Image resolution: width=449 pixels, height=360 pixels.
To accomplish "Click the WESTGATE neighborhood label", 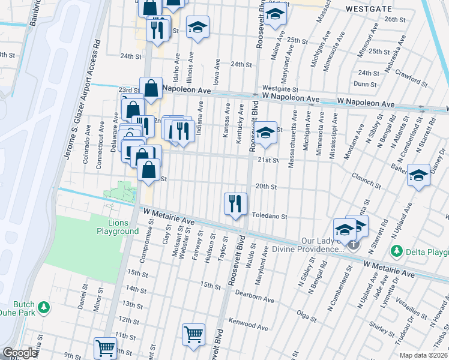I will (368, 9).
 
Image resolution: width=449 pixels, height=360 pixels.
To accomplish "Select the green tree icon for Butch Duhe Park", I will (43, 308).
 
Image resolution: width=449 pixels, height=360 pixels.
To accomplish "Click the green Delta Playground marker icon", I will (396, 250).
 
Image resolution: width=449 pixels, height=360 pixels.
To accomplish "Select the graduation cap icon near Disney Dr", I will (418, 176).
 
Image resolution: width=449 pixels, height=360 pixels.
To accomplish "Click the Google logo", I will (20, 353).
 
